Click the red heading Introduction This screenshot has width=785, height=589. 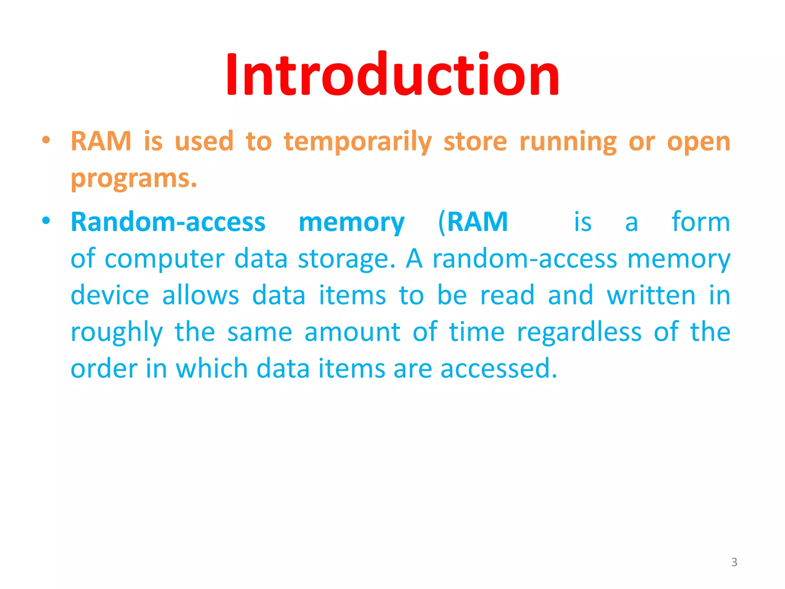click(392, 75)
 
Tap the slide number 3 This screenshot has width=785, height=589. click(734, 562)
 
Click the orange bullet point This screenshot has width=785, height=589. click(46, 140)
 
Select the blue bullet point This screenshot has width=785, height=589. click(46, 221)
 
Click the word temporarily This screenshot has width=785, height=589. click(358, 142)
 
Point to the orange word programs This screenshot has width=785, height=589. click(134, 179)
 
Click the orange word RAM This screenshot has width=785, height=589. click(101, 141)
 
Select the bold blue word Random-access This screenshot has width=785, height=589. click(168, 222)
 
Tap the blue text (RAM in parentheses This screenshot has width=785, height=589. click(473, 222)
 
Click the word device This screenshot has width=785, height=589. click(110, 295)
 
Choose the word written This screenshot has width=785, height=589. click(651, 295)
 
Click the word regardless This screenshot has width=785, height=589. click(579, 332)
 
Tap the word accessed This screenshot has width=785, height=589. click(498, 369)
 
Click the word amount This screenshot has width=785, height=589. click(352, 332)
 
